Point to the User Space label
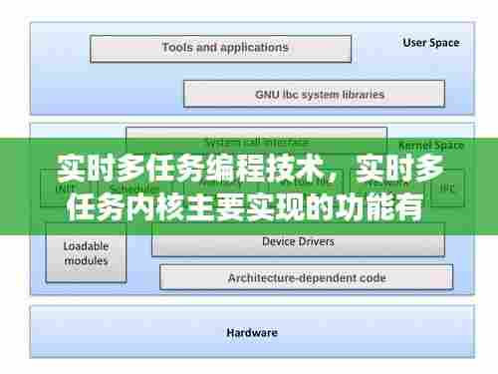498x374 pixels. point(430,43)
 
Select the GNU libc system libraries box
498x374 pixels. point(313,95)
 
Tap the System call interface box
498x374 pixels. point(256,142)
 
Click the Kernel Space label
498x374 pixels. point(426,145)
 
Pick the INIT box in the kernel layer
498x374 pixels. point(64,187)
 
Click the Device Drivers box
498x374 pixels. point(298,241)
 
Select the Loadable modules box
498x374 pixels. point(87,252)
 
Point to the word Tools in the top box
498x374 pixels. point(179,48)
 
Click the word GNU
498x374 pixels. point(269,95)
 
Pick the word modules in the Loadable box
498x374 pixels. point(87,260)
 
